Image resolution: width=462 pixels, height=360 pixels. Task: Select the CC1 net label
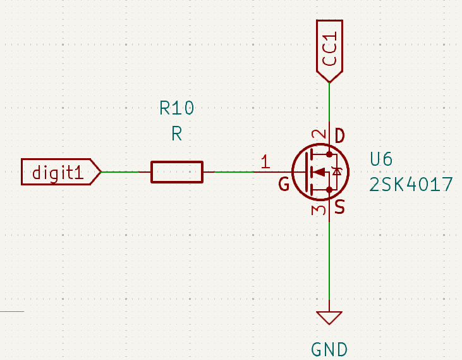[x=329, y=51]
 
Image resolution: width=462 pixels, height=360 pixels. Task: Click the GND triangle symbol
[x=329, y=317]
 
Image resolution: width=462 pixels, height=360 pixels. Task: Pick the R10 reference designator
[x=177, y=109]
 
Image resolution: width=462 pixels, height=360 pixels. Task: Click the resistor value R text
[x=177, y=133]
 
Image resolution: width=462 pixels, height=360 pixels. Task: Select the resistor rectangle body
[x=177, y=171]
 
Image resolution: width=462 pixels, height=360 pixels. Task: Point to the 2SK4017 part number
[x=411, y=185]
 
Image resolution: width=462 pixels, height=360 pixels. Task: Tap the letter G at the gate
[x=284, y=185]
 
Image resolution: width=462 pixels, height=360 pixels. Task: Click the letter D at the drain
[x=339, y=135]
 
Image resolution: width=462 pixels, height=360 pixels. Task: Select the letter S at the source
[x=339, y=207]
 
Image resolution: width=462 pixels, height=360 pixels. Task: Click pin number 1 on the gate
[x=265, y=162]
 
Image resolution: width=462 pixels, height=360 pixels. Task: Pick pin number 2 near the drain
[x=320, y=135]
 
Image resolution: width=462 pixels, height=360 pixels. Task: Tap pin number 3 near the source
[x=320, y=209]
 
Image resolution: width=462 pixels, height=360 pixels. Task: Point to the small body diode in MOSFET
[x=337, y=171]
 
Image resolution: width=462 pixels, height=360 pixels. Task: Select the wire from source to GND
[x=329, y=266]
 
